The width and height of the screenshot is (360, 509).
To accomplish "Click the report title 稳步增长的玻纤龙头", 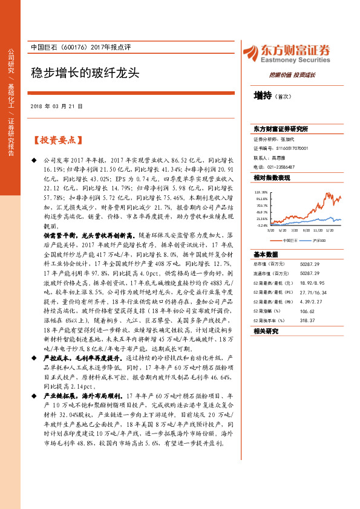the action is pos(85,73).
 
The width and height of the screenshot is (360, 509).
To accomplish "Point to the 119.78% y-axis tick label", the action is pos(261,192).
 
